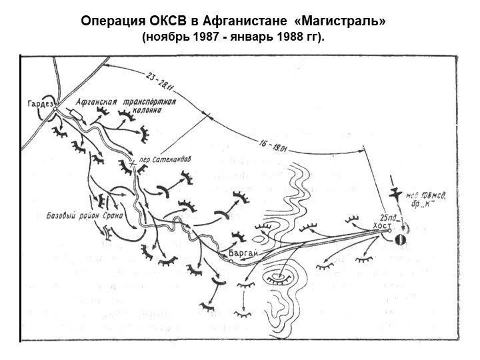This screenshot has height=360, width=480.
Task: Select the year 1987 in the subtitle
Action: [x=208, y=37]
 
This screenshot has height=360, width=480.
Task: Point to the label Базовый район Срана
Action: [x=77, y=216]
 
